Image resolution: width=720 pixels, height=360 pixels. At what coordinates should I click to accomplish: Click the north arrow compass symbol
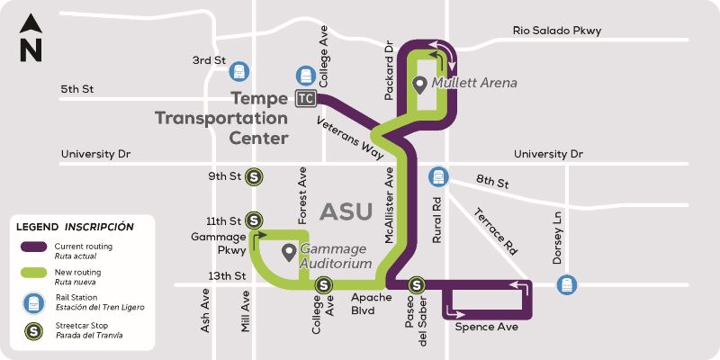31,39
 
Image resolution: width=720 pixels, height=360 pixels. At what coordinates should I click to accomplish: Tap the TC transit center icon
307,97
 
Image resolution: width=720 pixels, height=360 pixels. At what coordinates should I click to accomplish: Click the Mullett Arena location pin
419,85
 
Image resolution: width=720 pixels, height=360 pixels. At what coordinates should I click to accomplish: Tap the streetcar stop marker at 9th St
255,176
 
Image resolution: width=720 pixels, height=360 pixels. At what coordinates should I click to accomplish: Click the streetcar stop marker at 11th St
255,220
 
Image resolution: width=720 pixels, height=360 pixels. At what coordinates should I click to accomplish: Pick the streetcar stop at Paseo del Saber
417,285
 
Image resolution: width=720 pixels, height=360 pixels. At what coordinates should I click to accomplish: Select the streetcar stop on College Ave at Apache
322,286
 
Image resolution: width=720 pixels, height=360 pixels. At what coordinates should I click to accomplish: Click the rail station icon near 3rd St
238,69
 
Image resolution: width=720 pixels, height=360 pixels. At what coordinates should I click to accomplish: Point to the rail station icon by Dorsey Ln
566,284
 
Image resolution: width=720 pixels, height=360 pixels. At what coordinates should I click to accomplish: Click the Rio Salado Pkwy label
556,31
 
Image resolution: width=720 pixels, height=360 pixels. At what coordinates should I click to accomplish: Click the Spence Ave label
487,327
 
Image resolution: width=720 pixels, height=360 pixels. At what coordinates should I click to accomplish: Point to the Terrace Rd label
496,230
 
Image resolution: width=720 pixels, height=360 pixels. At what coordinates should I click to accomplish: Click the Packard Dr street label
390,58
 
